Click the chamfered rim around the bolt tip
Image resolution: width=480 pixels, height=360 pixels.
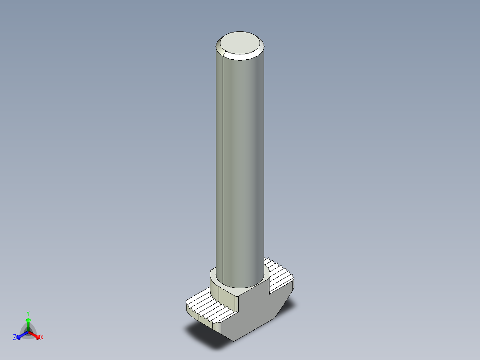click(240, 57)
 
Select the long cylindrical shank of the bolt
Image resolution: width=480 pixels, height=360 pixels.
click(240, 165)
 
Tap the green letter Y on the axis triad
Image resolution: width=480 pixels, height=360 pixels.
click(28, 313)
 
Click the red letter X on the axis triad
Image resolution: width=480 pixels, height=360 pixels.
click(42, 337)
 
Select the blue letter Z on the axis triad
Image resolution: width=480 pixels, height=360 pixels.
click(15, 337)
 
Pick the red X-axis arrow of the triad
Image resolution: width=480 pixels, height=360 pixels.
click(35, 335)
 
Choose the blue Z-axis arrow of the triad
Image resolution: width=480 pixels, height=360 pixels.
click(22, 335)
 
